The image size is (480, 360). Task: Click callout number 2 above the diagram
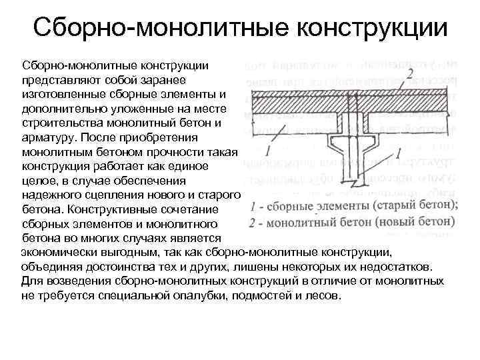click(411, 72)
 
